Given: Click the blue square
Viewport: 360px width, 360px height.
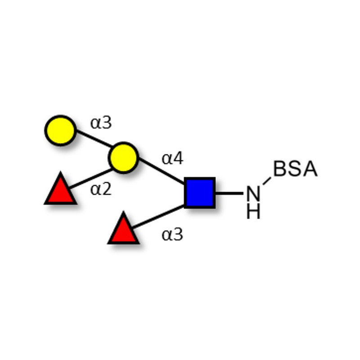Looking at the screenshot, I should click(x=200, y=193).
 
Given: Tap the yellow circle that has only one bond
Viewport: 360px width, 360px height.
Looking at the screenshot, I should click(x=60, y=130).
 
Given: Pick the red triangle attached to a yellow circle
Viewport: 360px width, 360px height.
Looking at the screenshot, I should click(x=60, y=190).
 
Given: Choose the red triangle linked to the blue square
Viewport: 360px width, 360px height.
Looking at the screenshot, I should click(x=123, y=230).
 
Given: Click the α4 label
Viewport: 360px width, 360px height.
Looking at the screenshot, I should click(x=173, y=158).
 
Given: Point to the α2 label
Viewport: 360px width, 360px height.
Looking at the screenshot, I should click(x=101, y=189).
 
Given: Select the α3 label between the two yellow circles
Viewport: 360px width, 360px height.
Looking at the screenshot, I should click(x=101, y=123).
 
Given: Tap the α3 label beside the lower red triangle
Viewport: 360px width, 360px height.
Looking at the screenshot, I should click(x=173, y=234).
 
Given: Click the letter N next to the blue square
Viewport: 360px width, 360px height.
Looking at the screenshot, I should click(x=253, y=194).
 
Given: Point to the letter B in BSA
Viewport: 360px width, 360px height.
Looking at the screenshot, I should click(x=280, y=170).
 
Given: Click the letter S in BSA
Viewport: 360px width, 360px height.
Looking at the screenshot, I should click(x=295, y=170).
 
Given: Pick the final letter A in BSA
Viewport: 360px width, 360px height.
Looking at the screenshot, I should click(x=310, y=170).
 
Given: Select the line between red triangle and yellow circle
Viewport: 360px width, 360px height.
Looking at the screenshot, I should click(x=91, y=178).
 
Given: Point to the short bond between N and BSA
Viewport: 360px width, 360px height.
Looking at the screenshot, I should click(x=267, y=181).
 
